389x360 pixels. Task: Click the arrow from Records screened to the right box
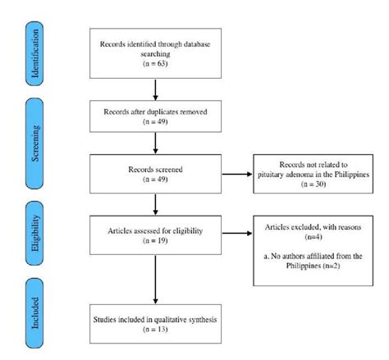click(235, 175)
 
